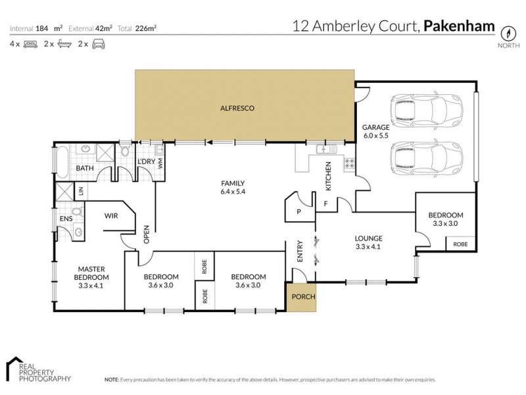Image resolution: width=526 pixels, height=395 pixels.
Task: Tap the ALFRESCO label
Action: point(237,108)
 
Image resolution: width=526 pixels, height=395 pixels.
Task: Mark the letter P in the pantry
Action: point(299,212)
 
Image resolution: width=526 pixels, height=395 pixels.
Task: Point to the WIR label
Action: point(111,215)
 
